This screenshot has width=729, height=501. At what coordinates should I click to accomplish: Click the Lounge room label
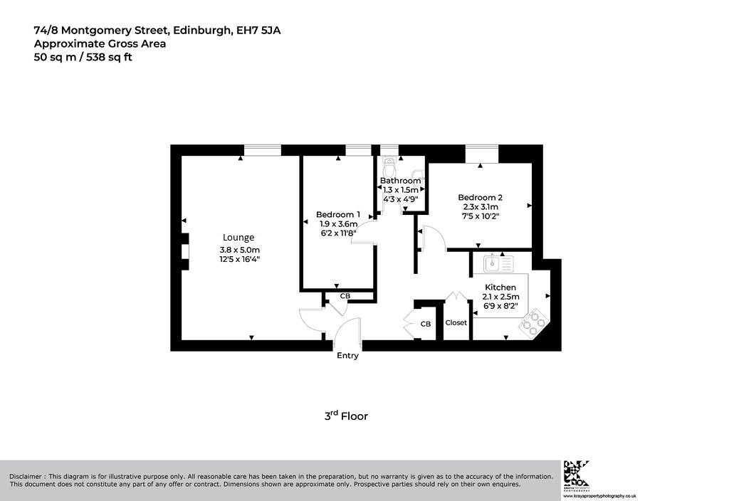point(238,238)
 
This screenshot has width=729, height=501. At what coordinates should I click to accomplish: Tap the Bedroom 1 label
point(338,215)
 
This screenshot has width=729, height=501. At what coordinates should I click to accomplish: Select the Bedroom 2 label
point(481,198)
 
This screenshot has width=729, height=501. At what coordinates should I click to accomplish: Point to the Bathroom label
point(400,180)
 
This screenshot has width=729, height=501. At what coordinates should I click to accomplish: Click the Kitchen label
point(500,288)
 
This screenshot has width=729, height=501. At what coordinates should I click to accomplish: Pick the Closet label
point(456,322)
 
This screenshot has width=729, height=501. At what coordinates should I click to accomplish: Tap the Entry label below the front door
point(347,356)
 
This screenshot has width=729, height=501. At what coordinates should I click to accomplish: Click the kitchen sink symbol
point(498,263)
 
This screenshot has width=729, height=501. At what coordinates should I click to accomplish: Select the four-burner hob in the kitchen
point(534,322)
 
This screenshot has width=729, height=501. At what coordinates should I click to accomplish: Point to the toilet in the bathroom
point(389,164)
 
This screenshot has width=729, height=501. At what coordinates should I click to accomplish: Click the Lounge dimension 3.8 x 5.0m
point(239,250)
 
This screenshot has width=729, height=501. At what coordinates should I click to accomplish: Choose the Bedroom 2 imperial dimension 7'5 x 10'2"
point(481,216)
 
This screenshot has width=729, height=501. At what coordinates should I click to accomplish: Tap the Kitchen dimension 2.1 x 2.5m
point(500,297)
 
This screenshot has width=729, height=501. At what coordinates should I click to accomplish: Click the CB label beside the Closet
point(426,324)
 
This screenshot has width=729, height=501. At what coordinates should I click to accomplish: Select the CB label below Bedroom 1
point(345,296)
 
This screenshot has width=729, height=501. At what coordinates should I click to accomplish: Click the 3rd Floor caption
point(346,416)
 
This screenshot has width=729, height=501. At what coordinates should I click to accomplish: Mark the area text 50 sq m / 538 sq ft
point(83,57)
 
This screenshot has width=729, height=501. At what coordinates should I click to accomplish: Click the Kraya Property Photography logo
point(577,475)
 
